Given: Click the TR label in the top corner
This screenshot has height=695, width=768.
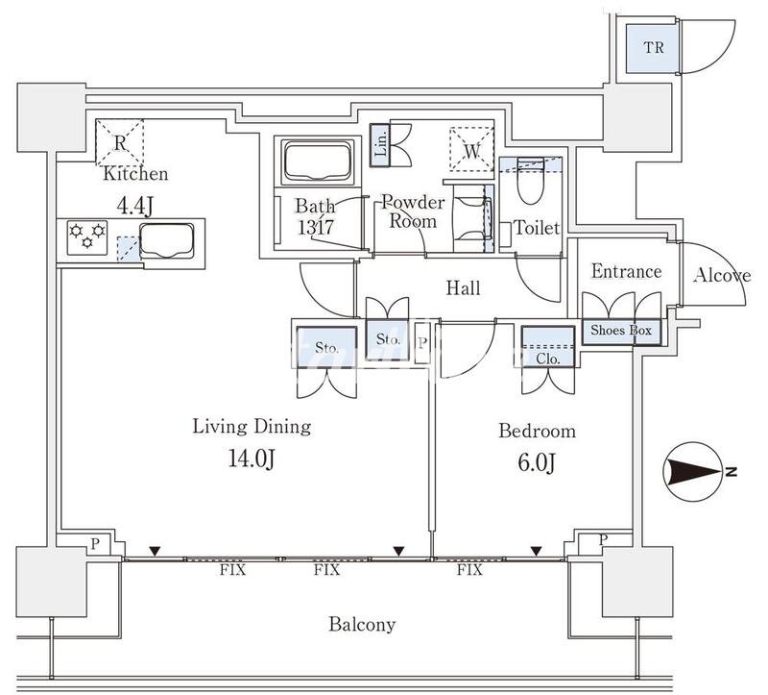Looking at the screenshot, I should pos(653,48).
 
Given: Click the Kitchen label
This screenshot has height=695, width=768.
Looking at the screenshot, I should pos(135,174).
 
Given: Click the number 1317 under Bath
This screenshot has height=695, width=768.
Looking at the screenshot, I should pos(314,227).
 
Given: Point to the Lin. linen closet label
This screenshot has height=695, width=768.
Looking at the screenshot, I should pos(380,143).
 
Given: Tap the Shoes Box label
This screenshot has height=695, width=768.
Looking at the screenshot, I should pos(620,331).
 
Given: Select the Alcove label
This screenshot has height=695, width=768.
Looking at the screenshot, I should pos(721,276).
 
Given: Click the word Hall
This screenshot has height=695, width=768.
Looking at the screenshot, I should pos(463,288).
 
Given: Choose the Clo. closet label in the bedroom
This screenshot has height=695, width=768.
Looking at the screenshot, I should pos(548,359).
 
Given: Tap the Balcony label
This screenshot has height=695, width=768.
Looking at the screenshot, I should pos(362,625).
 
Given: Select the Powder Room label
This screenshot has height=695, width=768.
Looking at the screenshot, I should pos(413,211).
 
